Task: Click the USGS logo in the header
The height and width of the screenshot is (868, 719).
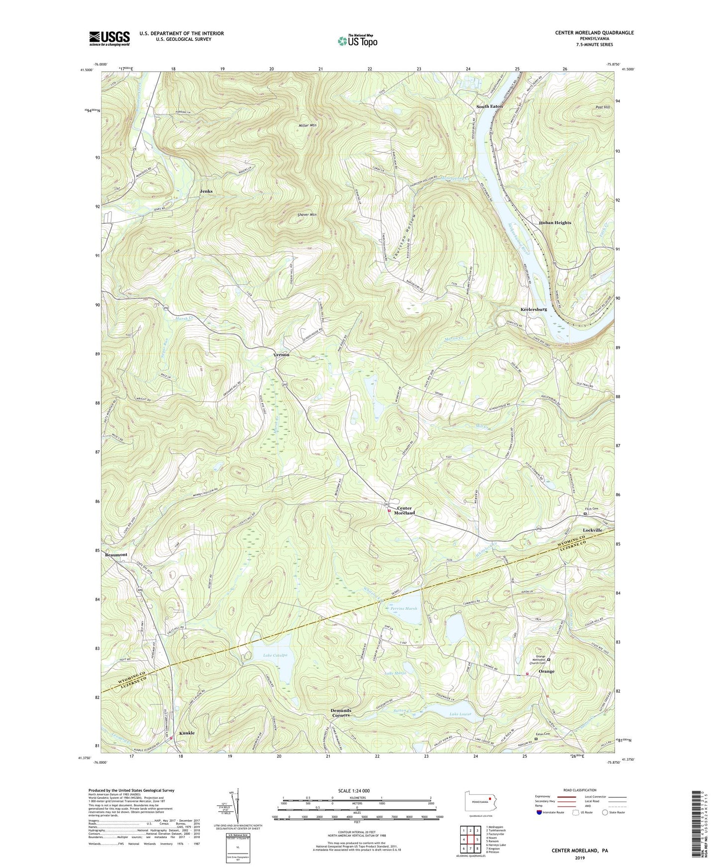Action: [x=109, y=38]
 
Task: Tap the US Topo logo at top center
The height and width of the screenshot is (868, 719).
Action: [x=357, y=41]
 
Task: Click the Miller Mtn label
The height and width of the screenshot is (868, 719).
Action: [x=306, y=125]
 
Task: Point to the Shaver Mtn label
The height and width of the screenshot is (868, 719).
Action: [x=307, y=215]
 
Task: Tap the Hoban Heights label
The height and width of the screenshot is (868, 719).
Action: [x=555, y=223]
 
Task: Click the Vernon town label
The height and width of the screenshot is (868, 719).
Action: [x=281, y=355]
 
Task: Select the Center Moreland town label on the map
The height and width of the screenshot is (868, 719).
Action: [x=405, y=510]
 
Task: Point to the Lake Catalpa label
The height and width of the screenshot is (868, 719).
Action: [x=275, y=656]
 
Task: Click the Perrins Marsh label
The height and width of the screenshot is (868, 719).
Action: [x=404, y=608]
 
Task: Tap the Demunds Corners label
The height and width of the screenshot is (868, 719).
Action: [x=341, y=713]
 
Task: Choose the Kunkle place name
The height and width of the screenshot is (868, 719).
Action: [x=187, y=733]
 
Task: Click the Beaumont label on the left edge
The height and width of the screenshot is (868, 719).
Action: [x=116, y=555]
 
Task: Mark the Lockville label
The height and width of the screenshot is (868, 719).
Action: [x=592, y=530]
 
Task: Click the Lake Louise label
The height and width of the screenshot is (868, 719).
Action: [x=460, y=714]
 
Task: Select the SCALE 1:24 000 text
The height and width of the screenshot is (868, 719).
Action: [x=354, y=790]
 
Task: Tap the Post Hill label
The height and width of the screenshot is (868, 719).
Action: [x=603, y=107]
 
